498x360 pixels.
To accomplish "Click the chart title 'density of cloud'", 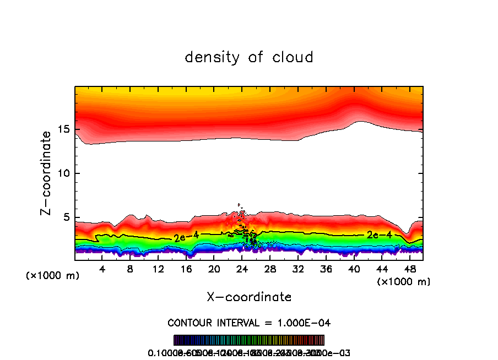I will click(x=249, y=57).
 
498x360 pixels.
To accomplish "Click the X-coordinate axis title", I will click(x=249, y=297).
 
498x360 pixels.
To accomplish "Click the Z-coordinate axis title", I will click(x=47, y=173).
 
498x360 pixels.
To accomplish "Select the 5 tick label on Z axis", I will click(x=65, y=217).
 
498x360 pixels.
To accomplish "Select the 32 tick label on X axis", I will click(x=298, y=269).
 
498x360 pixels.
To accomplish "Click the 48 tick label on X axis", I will click(x=409, y=269).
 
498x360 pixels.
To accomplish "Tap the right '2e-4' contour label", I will click(x=380, y=235).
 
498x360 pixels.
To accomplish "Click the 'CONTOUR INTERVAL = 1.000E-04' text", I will click(x=249, y=323).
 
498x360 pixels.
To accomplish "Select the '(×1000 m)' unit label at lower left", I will click(x=53, y=276).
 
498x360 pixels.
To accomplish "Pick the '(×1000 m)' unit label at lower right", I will click(x=404, y=282).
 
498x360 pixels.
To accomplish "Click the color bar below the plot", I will click(x=249, y=340).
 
